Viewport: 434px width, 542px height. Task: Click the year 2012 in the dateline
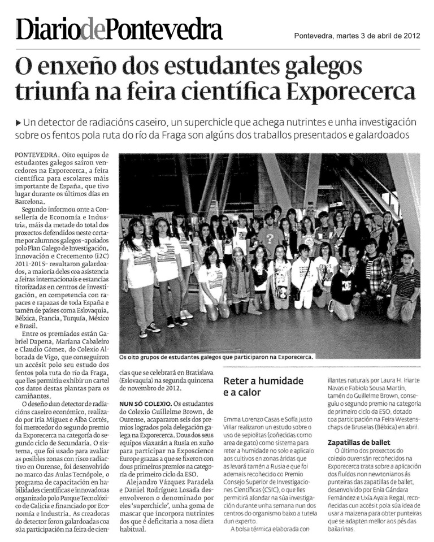pyautogui.click(x=410, y=37)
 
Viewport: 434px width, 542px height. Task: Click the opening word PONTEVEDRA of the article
pyautogui.click(x=36, y=154)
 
